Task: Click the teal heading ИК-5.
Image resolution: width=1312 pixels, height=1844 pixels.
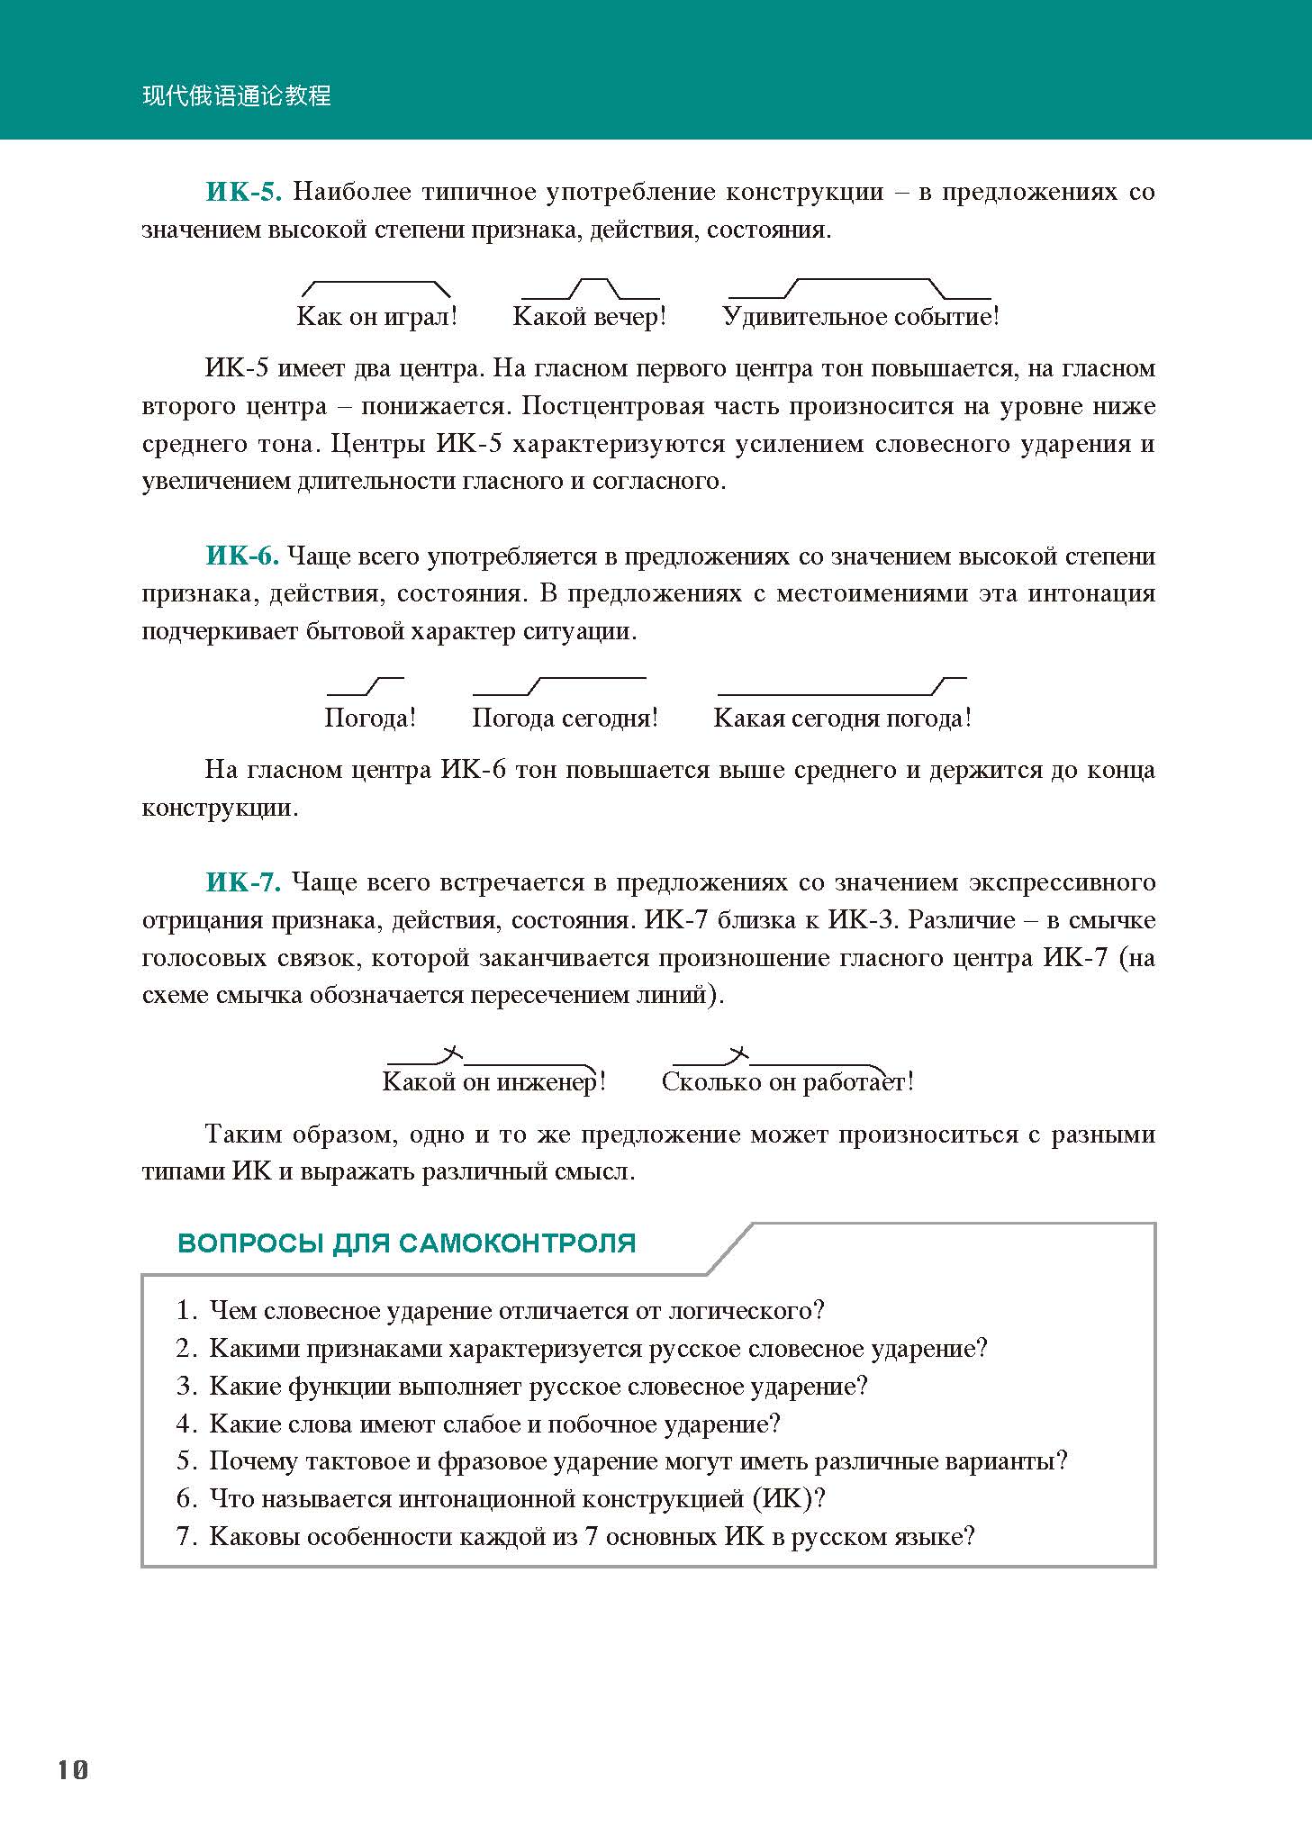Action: coord(244,192)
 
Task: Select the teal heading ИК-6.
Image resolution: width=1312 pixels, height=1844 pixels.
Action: coord(242,556)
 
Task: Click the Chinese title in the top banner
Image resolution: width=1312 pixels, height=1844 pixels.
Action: coord(237,95)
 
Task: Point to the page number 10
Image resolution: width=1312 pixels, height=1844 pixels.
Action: coord(73,1769)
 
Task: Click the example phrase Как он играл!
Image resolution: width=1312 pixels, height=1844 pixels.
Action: coord(377,317)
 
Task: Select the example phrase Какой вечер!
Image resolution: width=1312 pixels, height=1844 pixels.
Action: coord(590,317)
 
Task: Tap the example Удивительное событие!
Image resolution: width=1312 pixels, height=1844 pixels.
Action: coord(861,317)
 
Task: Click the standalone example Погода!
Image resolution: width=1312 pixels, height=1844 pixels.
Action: coord(370,719)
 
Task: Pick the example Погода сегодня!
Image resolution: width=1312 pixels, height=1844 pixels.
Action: coord(566,719)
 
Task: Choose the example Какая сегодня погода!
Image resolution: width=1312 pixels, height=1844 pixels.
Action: coord(843,719)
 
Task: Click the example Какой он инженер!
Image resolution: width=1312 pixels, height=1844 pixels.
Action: coord(494,1081)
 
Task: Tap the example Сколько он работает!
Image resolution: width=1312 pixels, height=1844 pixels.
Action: coord(788,1081)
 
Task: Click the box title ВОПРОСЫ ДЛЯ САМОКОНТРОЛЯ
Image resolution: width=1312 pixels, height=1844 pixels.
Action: coord(407,1243)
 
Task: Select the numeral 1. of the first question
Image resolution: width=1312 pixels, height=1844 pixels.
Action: coord(186,1311)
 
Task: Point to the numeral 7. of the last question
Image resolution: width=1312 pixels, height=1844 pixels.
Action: coord(186,1536)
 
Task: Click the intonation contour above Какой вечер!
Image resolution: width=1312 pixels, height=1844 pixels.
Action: coord(591,288)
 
